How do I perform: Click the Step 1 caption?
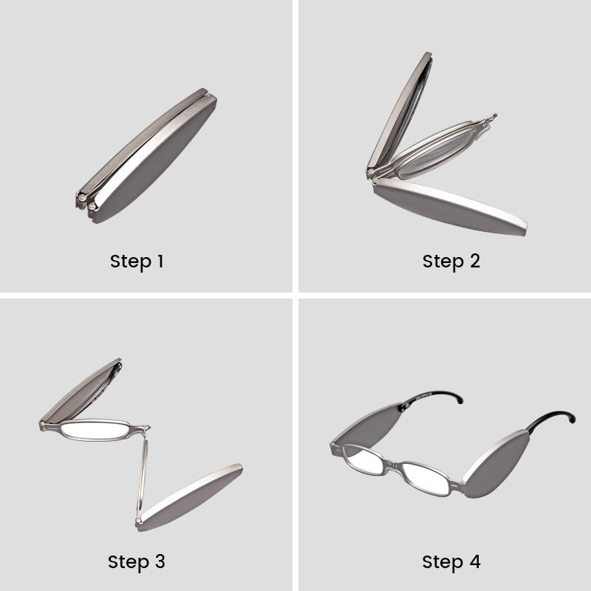point(137,261)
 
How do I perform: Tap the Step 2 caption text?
point(451,261)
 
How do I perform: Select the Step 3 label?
point(137,561)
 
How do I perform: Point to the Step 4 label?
point(451,561)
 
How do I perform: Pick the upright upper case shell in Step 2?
point(399,111)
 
